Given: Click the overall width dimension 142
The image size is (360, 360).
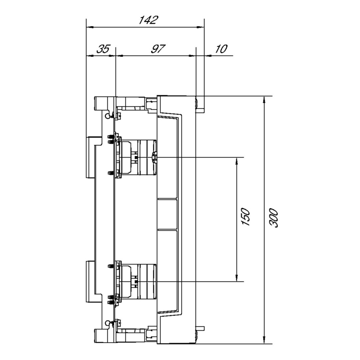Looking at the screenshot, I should (x=148, y=20).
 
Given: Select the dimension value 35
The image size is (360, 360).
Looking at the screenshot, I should (x=103, y=49).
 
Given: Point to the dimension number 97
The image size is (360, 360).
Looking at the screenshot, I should (x=158, y=49).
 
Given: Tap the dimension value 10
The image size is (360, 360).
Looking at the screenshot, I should (x=221, y=49).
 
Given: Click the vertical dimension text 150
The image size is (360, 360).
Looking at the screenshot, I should (x=246, y=217).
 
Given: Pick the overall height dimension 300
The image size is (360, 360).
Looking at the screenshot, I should (x=274, y=218).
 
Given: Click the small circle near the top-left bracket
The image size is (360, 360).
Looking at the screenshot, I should (x=107, y=116).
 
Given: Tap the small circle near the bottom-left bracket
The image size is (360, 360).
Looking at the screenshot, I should (x=107, y=323).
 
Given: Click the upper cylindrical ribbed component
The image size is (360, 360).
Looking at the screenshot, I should (x=147, y=157).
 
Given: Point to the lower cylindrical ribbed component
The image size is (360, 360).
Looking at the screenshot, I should (x=147, y=281).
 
